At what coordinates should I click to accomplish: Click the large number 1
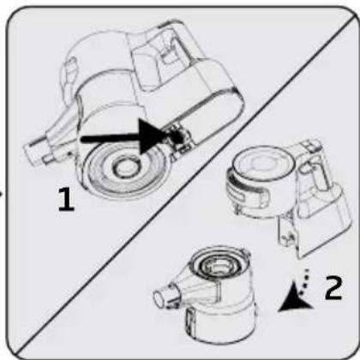coord(66,199)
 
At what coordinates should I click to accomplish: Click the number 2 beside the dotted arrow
coord(333,287)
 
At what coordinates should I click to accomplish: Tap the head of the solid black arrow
coord(153,136)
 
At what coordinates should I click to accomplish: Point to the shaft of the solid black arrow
coord(111,139)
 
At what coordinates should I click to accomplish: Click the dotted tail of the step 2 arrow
coord(304,280)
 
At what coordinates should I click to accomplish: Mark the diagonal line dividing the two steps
coord(186,183)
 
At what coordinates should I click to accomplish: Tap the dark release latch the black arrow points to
coord(177,135)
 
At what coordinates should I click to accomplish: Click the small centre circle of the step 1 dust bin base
coord(125,168)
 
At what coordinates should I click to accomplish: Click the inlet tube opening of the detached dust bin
coord(160,298)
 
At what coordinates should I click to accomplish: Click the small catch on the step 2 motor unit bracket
coord(289,236)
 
